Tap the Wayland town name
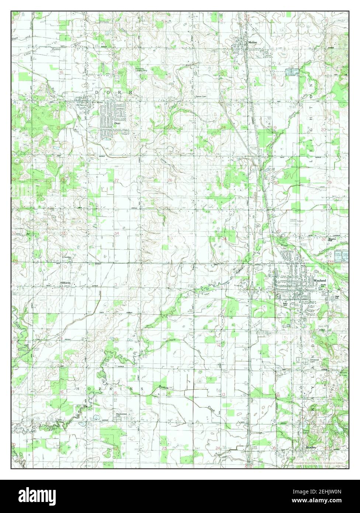[319, 281]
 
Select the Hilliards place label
[66, 283]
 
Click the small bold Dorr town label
[117, 124]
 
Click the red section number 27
[116, 180]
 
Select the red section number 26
[170, 180]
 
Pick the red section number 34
[116, 234]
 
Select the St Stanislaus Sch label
[67, 257]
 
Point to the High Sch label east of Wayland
[336, 297]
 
